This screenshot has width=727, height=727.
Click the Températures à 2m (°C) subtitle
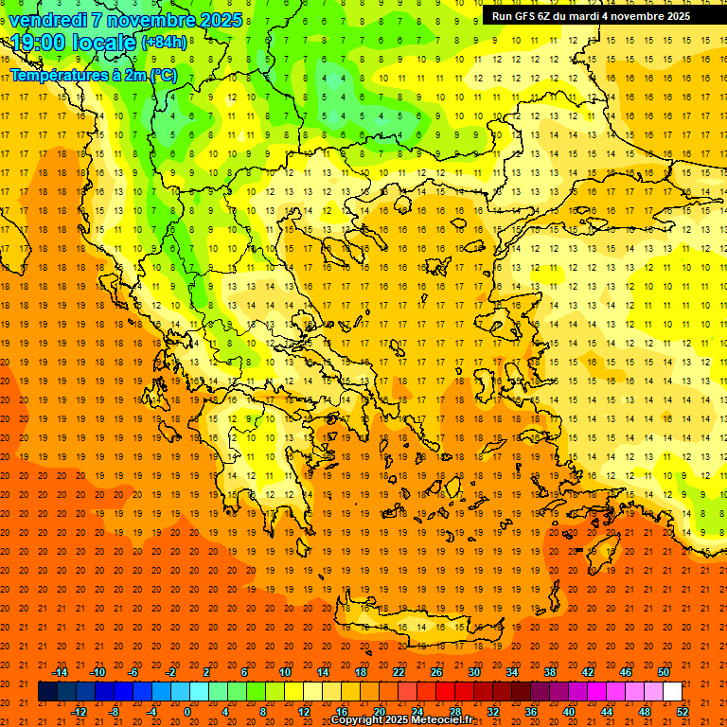(93, 74)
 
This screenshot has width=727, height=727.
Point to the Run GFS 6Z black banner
(603, 16)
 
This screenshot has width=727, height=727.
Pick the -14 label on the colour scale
(59, 672)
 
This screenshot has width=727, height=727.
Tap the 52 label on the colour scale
(683, 712)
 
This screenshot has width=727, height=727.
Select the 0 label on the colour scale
(188, 712)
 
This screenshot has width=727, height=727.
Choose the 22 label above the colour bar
(399, 672)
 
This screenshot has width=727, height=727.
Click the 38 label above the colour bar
(550, 672)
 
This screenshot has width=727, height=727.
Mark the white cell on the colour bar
(673, 692)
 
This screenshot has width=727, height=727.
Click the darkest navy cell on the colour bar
(48, 692)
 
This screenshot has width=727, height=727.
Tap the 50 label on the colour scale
(664, 672)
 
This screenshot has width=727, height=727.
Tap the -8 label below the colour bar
(115, 712)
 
